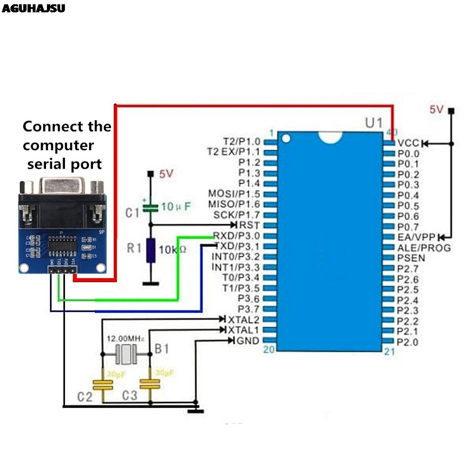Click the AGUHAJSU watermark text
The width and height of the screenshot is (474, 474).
(x=33, y=8)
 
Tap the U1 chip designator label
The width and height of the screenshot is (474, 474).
(x=374, y=123)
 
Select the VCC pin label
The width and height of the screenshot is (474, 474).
(x=408, y=143)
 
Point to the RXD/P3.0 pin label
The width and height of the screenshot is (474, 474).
(x=237, y=236)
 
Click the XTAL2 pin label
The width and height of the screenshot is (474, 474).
(x=244, y=319)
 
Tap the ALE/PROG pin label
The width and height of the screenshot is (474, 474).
(x=424, y=248)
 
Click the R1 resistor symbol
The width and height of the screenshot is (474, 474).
(x=151, y=251)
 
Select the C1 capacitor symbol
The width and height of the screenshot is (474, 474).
(x=150, y=207)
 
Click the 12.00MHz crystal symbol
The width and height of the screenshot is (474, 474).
(x=126, y=354)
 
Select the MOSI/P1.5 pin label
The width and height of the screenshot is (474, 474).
(x=234, y=194)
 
